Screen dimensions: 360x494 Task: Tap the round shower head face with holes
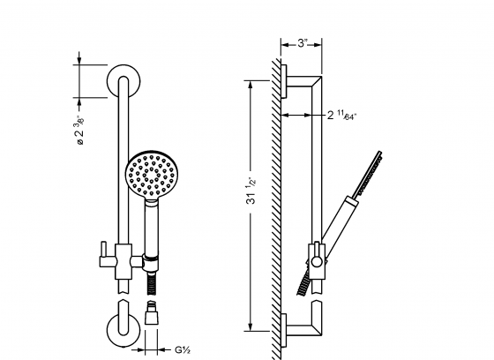(x=149, y=174)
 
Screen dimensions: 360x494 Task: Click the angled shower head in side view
(x=370, y=171)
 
